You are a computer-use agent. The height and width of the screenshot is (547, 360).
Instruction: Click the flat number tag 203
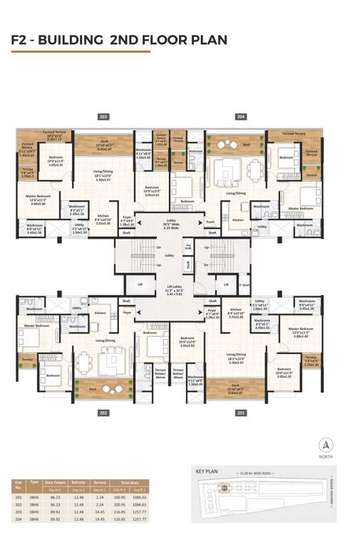click(x=103, y=116)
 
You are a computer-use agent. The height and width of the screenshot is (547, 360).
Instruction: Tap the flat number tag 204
click(x=241, y=116)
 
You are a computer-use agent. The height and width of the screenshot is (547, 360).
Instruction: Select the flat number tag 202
click(x=103, y=412)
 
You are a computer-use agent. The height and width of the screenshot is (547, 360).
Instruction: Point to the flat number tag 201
click(x=241, y=412)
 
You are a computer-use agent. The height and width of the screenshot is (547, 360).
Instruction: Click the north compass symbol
click(x=326, y=447)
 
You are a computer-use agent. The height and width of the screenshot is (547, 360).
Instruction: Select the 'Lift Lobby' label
click(x=169, y=288)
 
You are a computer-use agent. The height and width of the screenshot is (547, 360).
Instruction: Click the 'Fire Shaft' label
click(x=188, y=246)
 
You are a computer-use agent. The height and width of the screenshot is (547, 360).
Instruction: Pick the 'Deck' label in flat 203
click(x=104, y=142)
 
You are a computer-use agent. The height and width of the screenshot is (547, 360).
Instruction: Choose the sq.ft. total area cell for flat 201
click(x=139, y=498)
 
